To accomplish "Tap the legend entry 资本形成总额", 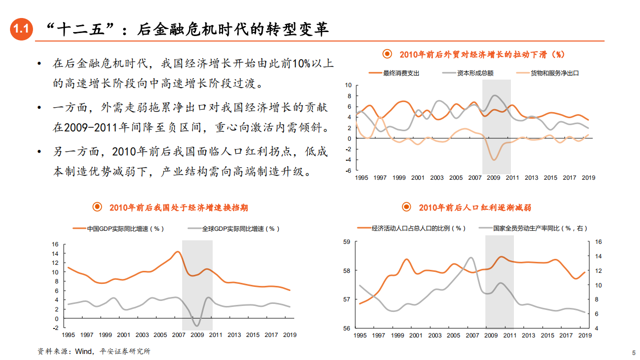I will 475,73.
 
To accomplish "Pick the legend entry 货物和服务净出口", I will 554,73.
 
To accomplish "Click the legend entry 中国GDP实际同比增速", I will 125,229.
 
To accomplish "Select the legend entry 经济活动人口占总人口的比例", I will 418,228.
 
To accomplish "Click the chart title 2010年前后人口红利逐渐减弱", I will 475,207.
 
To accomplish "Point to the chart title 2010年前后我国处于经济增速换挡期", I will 179,207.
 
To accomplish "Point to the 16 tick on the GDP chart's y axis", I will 55,244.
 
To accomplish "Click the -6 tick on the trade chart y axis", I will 348,171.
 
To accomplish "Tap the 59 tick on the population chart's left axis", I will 346,242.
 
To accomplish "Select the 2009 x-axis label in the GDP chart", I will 198,335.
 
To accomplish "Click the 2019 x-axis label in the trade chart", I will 588,178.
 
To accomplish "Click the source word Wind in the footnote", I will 83,351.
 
